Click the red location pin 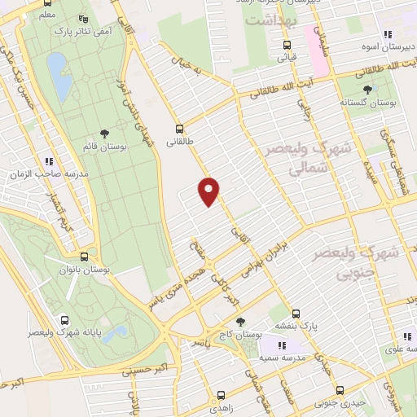click(209, 191)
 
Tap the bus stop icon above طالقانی click(179, 128)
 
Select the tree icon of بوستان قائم click(103, 133)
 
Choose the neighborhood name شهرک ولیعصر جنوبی click(358, 261)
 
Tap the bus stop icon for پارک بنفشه click(295, 314)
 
